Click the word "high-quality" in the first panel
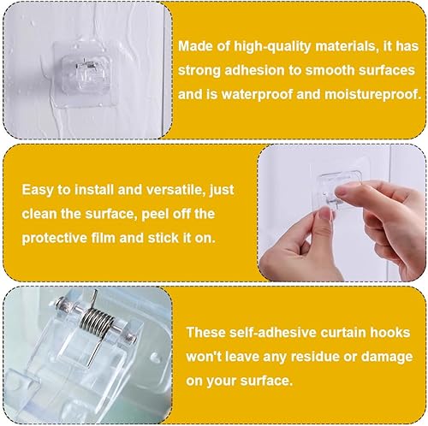point(272,47)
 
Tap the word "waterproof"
point(257,95)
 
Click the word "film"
point(103,238)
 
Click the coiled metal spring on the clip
point(93,322)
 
